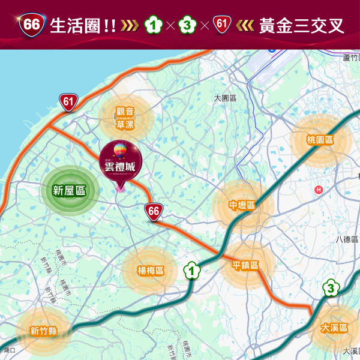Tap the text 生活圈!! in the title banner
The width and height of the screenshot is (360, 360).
point(83,26)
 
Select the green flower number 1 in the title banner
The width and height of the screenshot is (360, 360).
point(154,25)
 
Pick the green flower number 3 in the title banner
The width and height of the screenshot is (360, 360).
point(189,25)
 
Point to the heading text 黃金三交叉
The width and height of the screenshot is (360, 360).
point(302,26)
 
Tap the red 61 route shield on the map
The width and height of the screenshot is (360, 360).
point(68,102)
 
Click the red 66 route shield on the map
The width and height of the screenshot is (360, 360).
point(153,211)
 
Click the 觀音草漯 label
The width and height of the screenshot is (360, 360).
point(125,118)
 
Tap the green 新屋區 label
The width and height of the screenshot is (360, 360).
point(69,191)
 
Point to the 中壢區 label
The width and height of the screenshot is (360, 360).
point(242,205)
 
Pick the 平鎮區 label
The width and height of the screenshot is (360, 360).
point(246,265)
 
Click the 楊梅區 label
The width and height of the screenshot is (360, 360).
point(150,271)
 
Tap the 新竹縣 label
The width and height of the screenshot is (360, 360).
point(43,331)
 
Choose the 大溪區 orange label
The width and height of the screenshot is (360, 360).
point(334,328)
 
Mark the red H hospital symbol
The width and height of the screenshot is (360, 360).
point(319,190)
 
